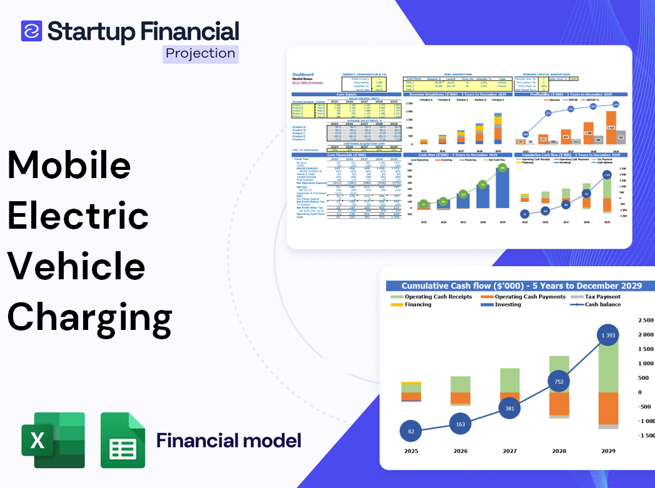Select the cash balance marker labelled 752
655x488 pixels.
(x=559, y=382)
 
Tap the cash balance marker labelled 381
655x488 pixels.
(x=510, y=408)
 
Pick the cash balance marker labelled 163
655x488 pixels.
(x=460, y=424)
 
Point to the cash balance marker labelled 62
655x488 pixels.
(x=411, y=431)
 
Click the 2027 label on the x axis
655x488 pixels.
(x=509, y=451)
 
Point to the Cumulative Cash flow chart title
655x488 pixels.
(x=522, y=286)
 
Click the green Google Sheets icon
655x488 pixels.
(x=122, y=441)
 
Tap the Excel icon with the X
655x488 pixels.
(x=52, y=441)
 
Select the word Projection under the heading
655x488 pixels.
(x=201, y=54)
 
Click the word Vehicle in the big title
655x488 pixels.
(x=76, y=266)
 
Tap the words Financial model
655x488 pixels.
(x=229, y=441)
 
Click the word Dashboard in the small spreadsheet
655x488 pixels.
(x=303, y=74)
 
